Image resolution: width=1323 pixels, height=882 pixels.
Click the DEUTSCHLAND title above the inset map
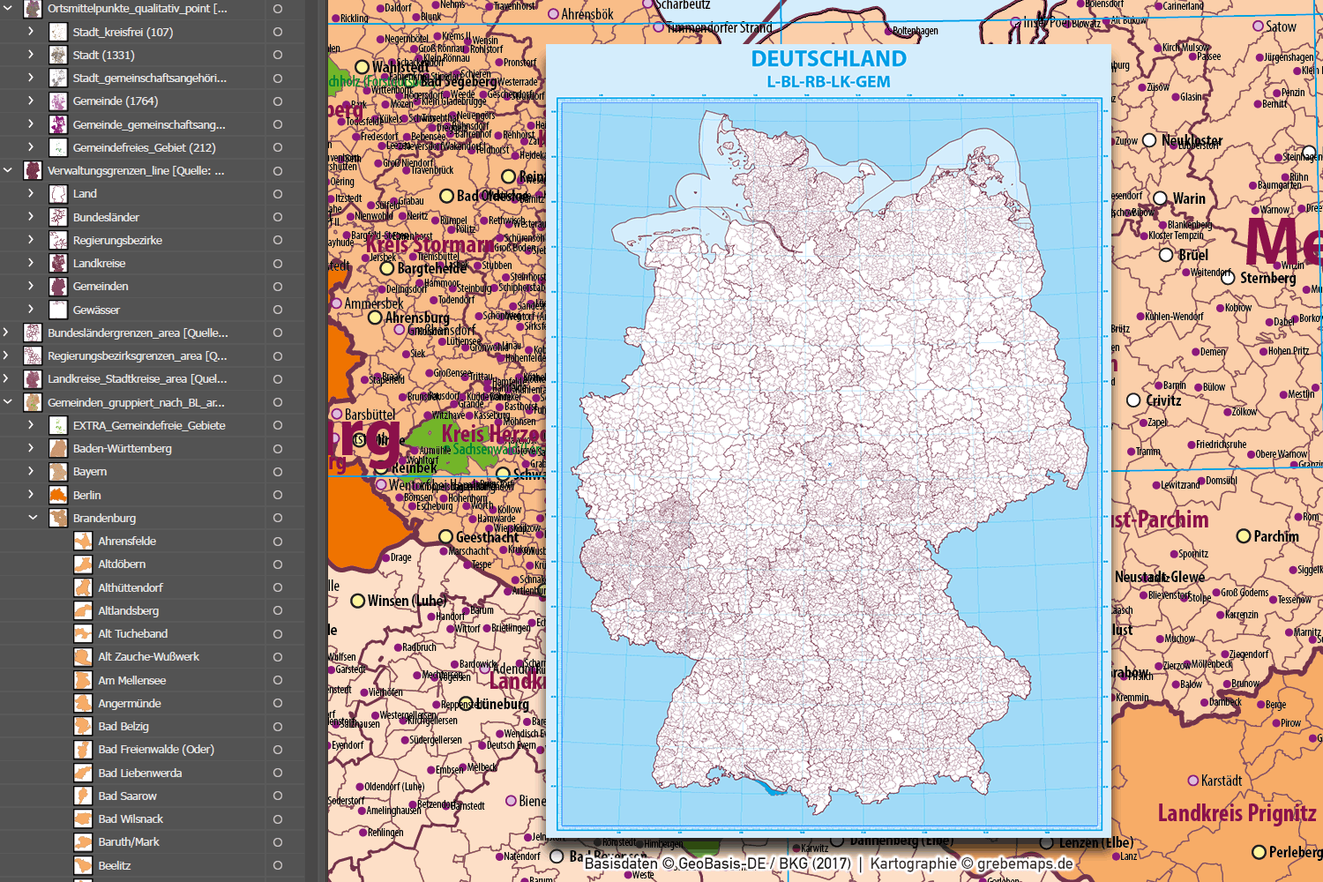point(828,59)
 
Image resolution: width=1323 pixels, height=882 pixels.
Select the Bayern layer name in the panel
point(90,472)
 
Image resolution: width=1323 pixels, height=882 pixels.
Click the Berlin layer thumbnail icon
point(58,495)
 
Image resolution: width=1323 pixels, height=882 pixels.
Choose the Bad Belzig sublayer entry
point(123,727)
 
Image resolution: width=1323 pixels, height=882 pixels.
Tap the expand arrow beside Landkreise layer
point(31,263)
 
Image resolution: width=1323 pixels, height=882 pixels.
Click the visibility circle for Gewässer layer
point(277,310)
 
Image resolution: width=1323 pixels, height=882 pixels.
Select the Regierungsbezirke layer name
point(117,240)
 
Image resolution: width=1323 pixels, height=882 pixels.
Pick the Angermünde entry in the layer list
point(130,703)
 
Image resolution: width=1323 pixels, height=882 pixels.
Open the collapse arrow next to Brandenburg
point(33,518)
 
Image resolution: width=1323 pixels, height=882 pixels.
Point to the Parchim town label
point(1275,536)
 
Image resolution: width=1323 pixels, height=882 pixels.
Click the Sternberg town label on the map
point(1267,278)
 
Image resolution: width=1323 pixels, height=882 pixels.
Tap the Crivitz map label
point(1163,400)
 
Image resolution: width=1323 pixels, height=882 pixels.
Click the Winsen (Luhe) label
point(406,601)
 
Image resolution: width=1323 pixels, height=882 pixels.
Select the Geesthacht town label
point(487,537)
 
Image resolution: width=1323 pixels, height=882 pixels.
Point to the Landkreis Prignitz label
point(1237,813)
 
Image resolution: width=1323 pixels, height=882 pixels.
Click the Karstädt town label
point(1221,781)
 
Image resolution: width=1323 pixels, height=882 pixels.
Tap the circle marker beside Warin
point(1160,198)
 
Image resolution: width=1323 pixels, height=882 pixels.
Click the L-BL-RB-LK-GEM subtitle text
point(828,82)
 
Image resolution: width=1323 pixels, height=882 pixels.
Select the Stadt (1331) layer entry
point(103,55)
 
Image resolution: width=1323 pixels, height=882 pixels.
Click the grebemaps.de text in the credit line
point(1025,863)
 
